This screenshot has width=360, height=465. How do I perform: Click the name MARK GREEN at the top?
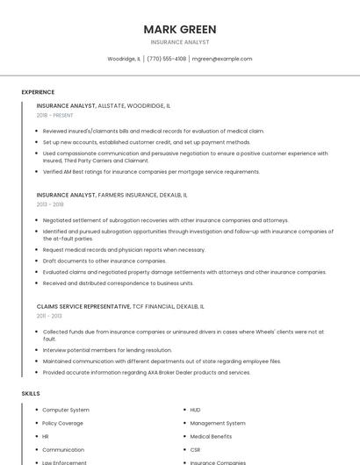coord(179,29)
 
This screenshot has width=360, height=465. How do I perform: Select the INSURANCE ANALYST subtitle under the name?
coord(179,42)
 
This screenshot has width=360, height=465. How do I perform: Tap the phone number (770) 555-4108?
coord(166,59)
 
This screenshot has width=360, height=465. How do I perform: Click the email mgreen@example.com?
coord(222,59)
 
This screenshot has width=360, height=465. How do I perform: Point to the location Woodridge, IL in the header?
coord(124,59)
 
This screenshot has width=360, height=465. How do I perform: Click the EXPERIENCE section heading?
coord(38,92)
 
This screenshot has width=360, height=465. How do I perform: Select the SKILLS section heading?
coord(31,394)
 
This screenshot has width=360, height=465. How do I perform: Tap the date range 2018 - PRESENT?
coord(55,115)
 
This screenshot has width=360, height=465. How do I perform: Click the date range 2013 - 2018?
coord(50,204)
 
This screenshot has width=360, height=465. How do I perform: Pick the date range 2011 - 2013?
coord(49,316)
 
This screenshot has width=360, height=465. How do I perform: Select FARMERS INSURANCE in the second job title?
coord(128,195)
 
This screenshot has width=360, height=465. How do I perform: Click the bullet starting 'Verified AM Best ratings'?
coord(151,172)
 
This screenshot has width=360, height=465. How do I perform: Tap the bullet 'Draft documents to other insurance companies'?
coord(104,261)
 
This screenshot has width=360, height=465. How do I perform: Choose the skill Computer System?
coord(66,410)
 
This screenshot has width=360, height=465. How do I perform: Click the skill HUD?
coord(195,410)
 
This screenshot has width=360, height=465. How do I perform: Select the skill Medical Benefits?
coord(211,436)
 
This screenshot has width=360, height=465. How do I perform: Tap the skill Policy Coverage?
coord(63,423)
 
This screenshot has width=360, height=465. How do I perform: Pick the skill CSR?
coord(195,449)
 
